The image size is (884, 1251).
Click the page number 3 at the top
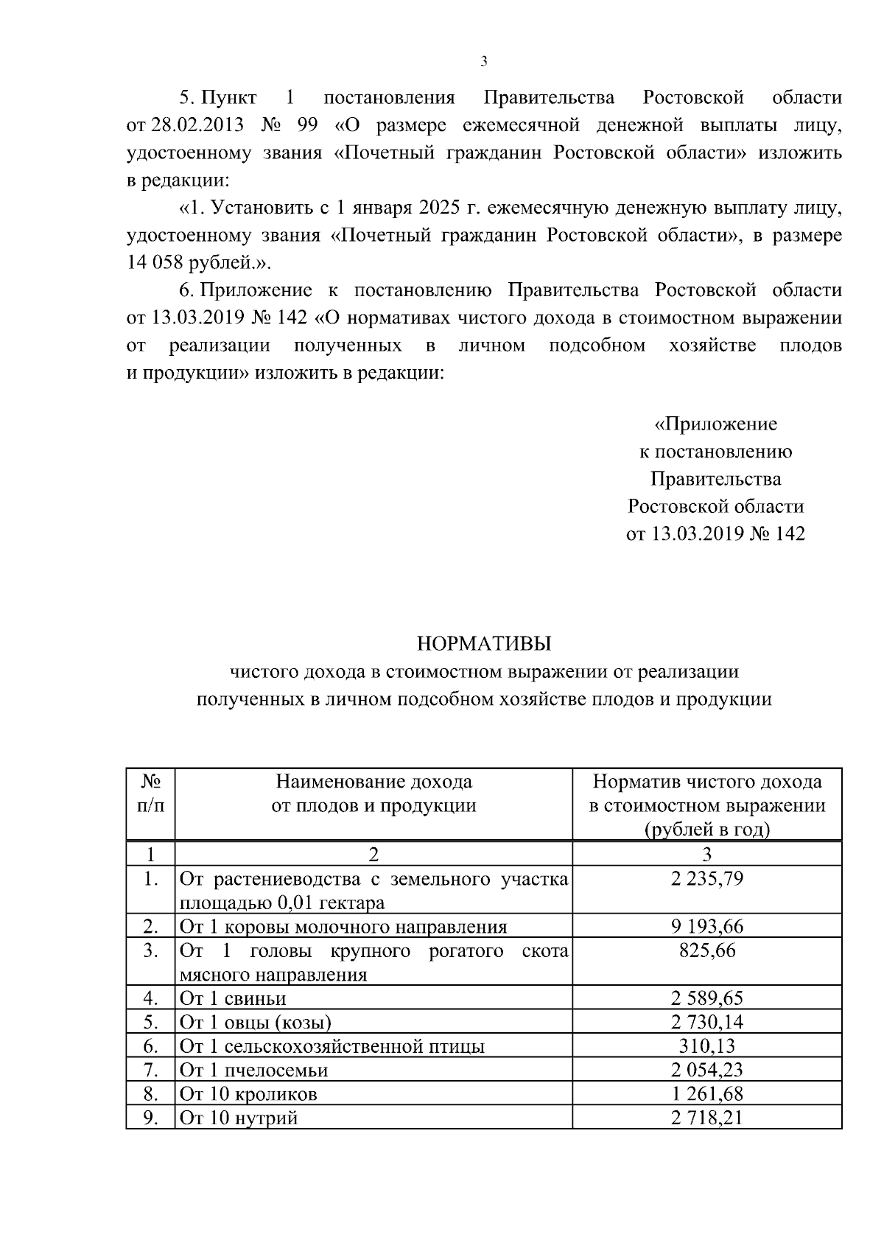pos(483,62)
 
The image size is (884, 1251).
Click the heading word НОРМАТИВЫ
pos(483,644)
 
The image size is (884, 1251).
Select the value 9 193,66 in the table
pos(706,927)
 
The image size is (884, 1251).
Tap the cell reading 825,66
pos(706,950)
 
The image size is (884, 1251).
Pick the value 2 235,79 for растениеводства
pos(706,879)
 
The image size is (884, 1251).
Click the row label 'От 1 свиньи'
pos(234,998)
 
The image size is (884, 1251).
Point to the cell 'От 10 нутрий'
pos(239,1118)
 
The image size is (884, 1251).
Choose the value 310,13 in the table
pos(706,1046)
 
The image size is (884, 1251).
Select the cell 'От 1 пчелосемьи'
pos(254,1070)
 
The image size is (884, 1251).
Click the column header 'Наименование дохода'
pos(373,782)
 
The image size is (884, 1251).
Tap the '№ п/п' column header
pos(150,793)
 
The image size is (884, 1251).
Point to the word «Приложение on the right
pos(715,424)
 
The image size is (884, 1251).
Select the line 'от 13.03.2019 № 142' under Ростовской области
pos(715,533)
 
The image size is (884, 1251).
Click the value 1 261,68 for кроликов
pos(706,1094)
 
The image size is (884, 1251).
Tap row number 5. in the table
pos(150,1022)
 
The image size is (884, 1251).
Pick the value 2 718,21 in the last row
pos(706,1118)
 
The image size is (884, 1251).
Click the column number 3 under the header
pos(706,855)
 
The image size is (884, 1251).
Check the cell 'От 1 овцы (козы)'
pos(256,1022)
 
